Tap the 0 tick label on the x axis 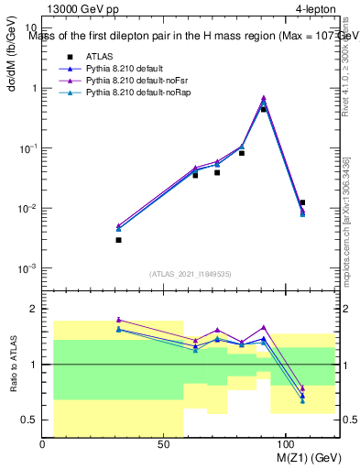[43, 443]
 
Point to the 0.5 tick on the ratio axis [29, 420]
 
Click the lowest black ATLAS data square [118, 240]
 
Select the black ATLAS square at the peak [264, 109]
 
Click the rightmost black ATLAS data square [302, 202]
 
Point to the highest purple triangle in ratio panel [118, 320]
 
